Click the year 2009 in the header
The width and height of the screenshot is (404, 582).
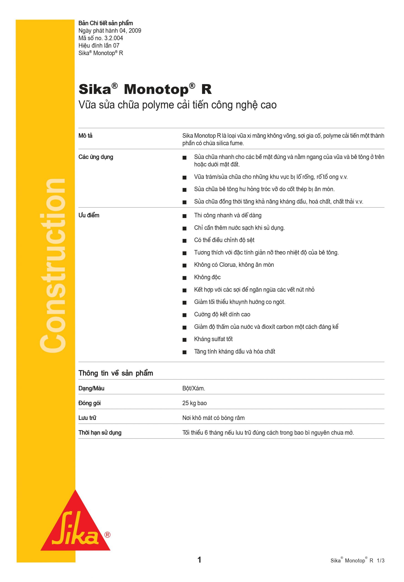(x=135, y=31)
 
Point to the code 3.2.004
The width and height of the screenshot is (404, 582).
(x=114, y=38)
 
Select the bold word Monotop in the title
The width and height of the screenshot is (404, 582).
(x=156, y=89)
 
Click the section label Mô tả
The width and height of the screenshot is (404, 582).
(x=85, y=136)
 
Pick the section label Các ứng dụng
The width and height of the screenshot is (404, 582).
(x=96, y=157)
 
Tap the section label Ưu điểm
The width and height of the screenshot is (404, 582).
(x=89, y=216)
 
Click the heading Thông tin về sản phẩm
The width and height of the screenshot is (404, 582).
(x=116, y=373)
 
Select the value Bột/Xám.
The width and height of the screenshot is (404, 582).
(x=194, y=389)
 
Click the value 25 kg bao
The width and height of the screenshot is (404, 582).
(x=194, y=403)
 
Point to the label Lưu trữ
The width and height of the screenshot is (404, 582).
(x=87, y=418)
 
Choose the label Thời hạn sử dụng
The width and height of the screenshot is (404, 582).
(x=100, y=433)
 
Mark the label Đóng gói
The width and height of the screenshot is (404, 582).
(x=90, y=403)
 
